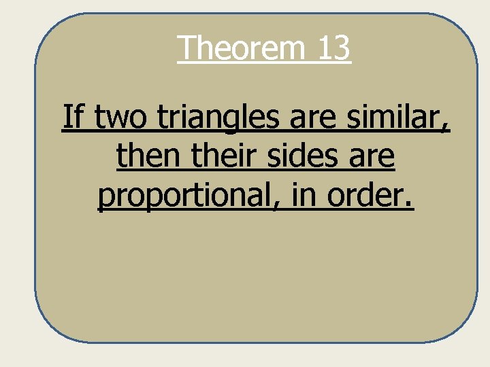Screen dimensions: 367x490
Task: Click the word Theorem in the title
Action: (242, 48)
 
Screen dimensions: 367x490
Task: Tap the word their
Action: (219, 156)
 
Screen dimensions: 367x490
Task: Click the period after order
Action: (410, 205)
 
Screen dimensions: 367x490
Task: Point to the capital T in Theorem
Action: (188, 48)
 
